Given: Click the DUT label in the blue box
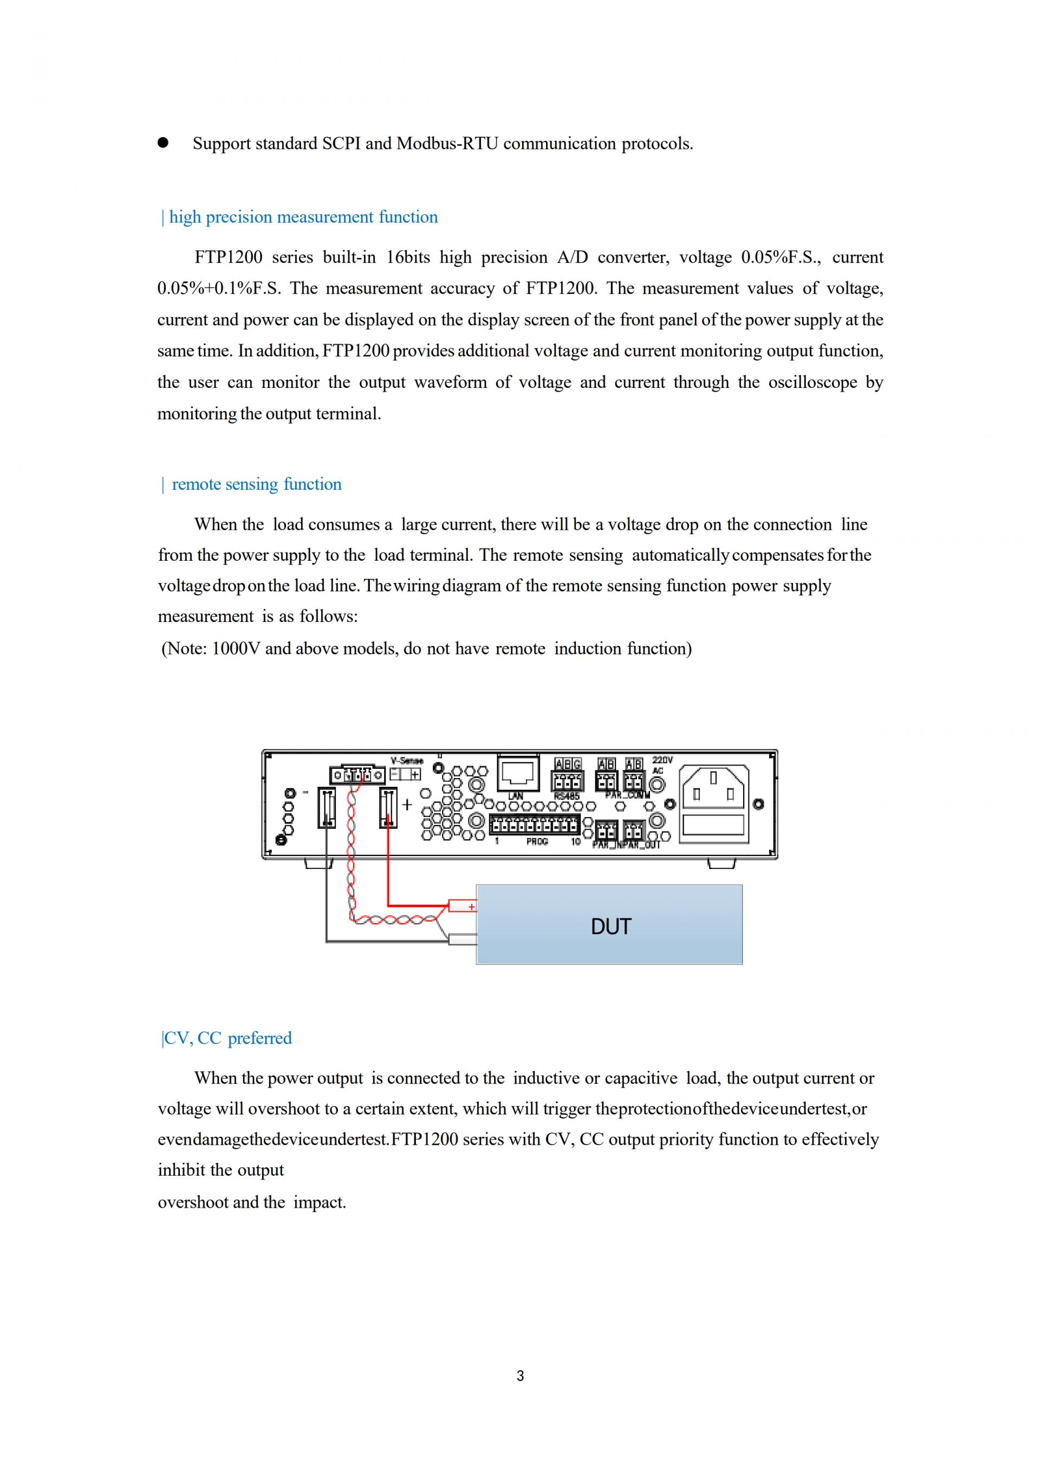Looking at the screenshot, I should coord(610,926).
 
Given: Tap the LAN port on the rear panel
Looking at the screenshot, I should coord(518,773).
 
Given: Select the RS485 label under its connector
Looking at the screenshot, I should coord(567,796).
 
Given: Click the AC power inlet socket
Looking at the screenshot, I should coord(713,788).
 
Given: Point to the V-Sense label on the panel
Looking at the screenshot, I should coord(407,761).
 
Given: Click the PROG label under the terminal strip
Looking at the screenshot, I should coord(537,842).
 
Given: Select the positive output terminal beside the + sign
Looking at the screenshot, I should coord(388,808).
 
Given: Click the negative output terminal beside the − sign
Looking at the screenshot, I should coord(327,808).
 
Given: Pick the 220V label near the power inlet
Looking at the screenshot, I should coord(662,760).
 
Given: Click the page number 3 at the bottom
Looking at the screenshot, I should coord(520,1376).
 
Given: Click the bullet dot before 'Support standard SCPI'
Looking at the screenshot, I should coord(162,143).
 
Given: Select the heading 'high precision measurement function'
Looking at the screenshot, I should coord(303,217).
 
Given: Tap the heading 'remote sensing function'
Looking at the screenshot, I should coord(256,484).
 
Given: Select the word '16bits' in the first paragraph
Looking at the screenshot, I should coord(408,257).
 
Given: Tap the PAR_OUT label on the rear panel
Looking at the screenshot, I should coord(642,845).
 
